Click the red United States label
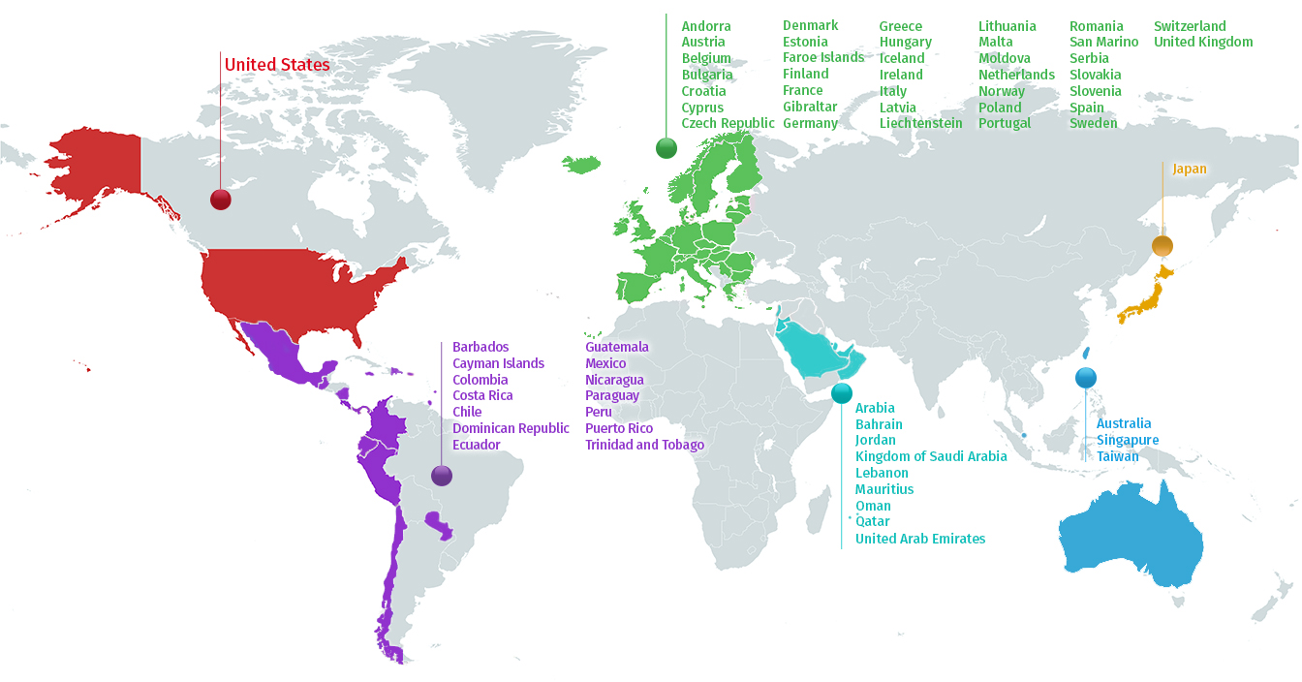(x=277, y=65)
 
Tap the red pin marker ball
(x=221, y=200)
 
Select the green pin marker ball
(x=666, y=147)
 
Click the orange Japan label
(x=1190, y=169)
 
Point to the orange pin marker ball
(x=1162, y=245)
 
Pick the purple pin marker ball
(x=442, y=475)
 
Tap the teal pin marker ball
(x=841, y=392)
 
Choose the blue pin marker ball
(x=1085, y=378)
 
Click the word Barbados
(x=480, y=347)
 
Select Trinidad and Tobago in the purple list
(x=644, y=445)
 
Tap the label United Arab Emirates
(x=920, y=539)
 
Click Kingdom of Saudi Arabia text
(x=931, y=456)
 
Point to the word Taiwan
(x=1118, y=456)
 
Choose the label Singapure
(x=1128, y=440)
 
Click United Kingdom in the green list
(x=1203, y=42)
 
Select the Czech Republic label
(x=728, y=123)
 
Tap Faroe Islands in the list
(x=823, y=57)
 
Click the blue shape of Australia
(x=1133, y=533)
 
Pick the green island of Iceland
(x=581, y=165)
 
